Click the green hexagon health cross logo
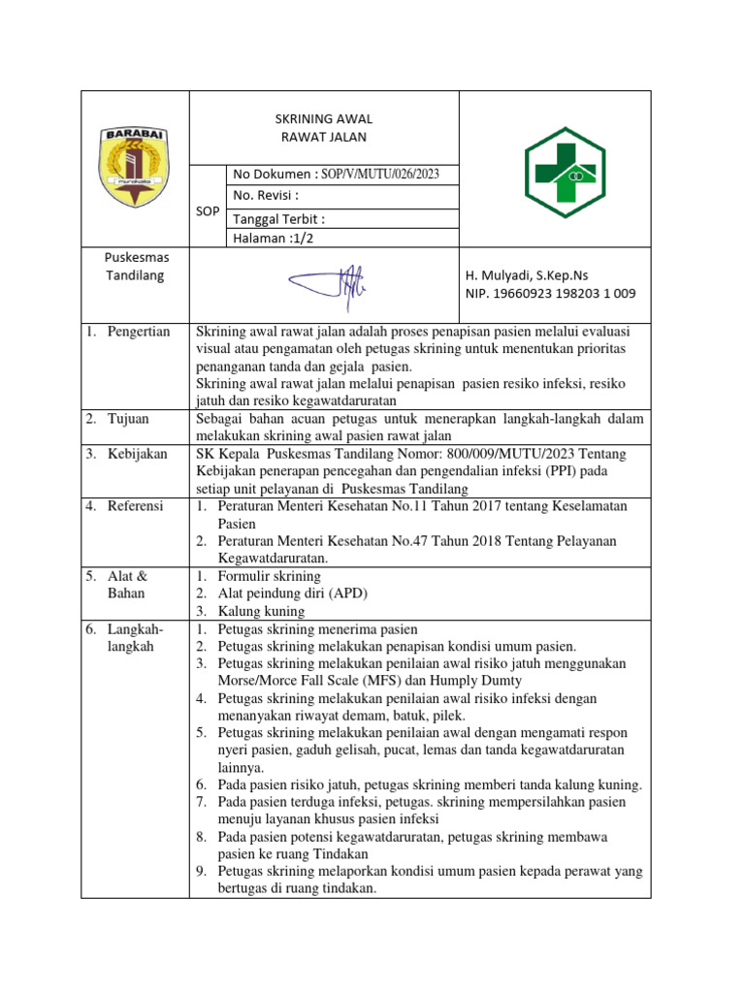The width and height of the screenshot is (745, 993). coord(565,174)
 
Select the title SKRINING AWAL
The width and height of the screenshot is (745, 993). coord(323,118)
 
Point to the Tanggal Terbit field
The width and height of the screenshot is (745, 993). coord(279,218)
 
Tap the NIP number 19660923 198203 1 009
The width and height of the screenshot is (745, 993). coord(552,294)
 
